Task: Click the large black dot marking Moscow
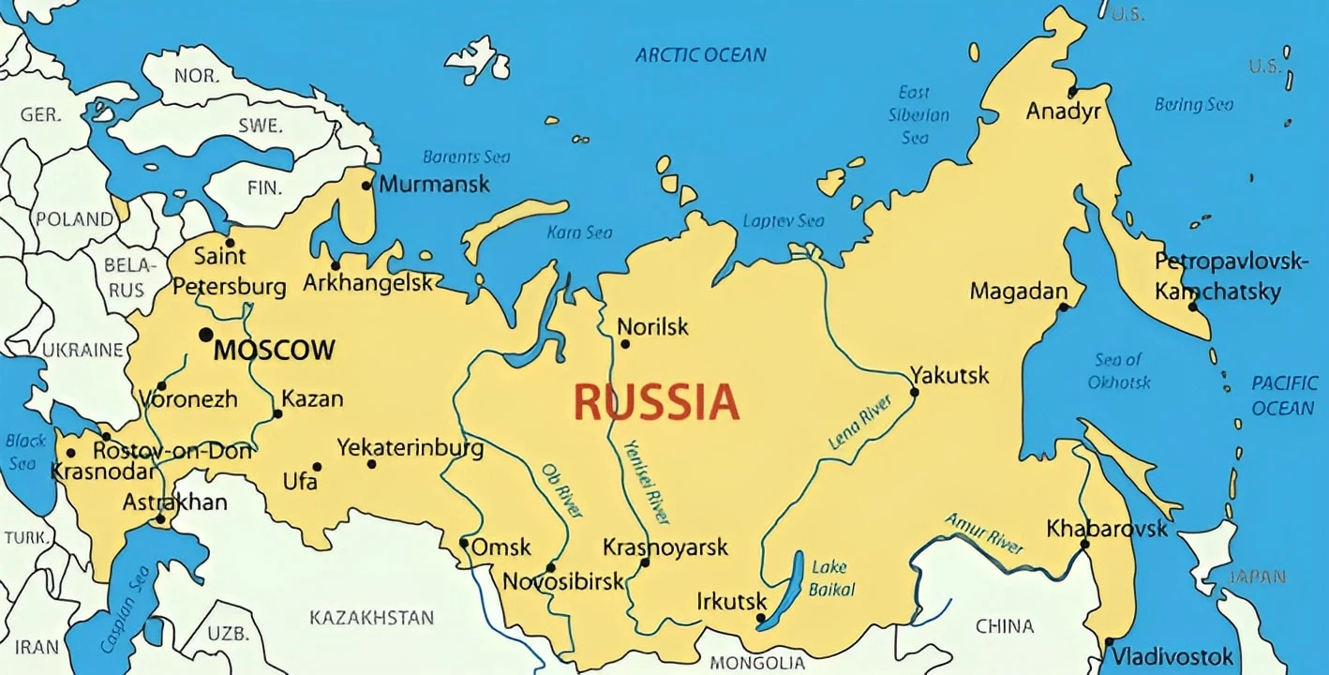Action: [205, 335]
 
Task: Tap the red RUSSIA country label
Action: [656, 402]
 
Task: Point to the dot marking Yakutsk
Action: [914, 392]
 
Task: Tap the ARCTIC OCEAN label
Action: [700, 54]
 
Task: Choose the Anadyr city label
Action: [1063, 112]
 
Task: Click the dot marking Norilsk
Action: [625, 344]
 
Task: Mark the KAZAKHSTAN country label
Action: [371, 617]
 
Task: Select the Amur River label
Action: [983, 532]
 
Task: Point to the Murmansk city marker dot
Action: [366, 185]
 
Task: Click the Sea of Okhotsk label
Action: [1118, 370]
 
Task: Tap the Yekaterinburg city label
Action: [411, 447]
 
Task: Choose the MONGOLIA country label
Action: [757, 663]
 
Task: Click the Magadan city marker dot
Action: [1062, 307]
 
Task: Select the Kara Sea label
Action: [579, 232]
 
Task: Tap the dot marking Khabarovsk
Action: [1084, 544]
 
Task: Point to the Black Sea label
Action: [25, 451]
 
